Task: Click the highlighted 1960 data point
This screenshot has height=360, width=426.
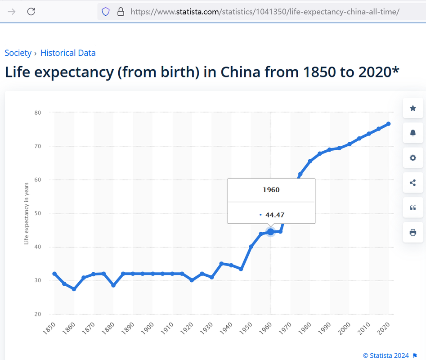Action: click(x=270, y=232)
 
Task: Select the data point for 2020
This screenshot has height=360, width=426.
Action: click(x=388, y=124)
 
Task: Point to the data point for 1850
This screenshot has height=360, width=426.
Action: click(x=54, y=274)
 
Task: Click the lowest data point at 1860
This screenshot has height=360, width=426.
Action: click(x=74, y=289)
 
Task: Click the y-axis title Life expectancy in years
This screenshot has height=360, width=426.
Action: click(x=27, y=213)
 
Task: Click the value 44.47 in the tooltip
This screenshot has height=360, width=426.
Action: click(x=274, y=215)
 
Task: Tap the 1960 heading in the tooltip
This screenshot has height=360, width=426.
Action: click(x=271, y=190)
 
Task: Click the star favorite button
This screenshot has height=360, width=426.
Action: click(x=413, y=108)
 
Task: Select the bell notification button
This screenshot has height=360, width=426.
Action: click(x=413, y=133)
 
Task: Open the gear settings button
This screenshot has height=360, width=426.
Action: click(x=413, y=158)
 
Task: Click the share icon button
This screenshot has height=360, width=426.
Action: click(x=413, y=183)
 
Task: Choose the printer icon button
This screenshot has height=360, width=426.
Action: click(x=413, y=232)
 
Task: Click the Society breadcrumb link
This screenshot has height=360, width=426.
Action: click(x=18, y=53)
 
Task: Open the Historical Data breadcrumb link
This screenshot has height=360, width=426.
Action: click(x=68, y=53)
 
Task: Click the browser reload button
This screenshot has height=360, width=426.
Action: click(x=31, y=12)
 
